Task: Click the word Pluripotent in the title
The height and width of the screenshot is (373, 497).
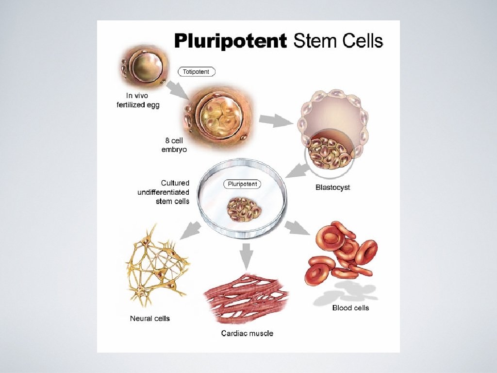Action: [x=231, y=41]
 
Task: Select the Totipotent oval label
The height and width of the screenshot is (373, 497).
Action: [x=196, y=72]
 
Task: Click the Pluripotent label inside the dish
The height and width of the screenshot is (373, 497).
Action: [x=241, y=185]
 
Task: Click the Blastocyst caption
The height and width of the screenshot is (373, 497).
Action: [x=332, y=187]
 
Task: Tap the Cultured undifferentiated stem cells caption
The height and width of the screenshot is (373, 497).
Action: [x=164, y=192]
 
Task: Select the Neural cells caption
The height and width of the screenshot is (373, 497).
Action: [x=150, y=319]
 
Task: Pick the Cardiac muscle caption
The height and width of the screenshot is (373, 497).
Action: [x=247, y=333]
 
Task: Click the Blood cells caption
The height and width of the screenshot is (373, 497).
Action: [x=350, y=308]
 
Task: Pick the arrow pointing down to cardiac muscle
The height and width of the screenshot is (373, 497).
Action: [x=247, y=255]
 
